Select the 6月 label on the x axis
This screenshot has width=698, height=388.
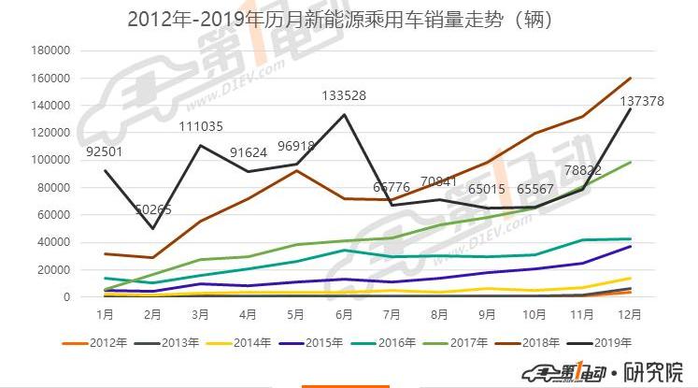pyautogui.click(x=345, y=316)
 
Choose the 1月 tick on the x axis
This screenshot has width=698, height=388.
pyautogui.click(x=105, y=316)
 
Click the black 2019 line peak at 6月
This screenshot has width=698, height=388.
pyautogui.click(x=345, y=114)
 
